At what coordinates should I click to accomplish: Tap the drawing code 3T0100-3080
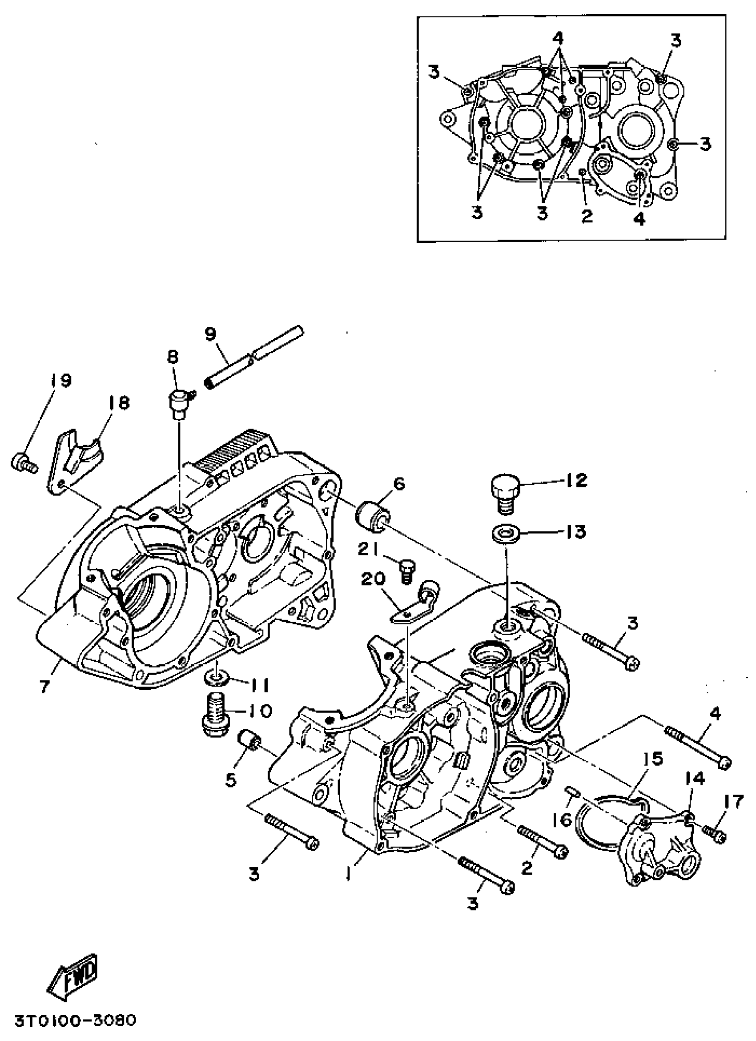coord(75,1021)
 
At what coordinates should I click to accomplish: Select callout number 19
coord(60,380)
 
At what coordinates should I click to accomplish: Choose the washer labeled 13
coord(504,534)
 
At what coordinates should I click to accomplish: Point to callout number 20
coord(373,579)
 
